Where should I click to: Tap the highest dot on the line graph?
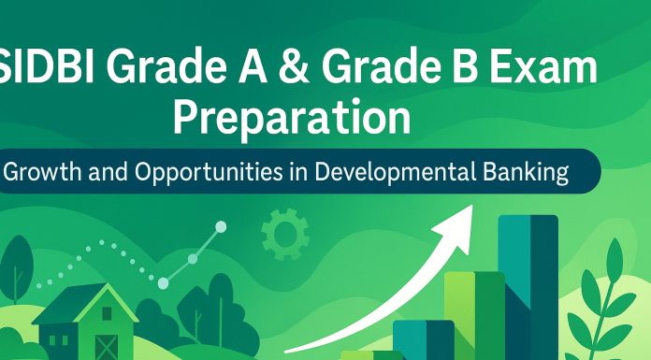pyautogui.click(x=221, y=226)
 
